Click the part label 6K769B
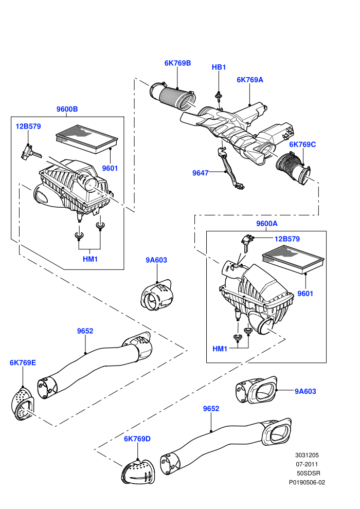click(177, 63)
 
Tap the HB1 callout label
click(219, 67)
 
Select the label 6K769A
click(249, 80)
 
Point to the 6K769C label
click(302, 144)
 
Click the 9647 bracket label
click(200, 173)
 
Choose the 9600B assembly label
click(67, 109)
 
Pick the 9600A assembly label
click(267, 224)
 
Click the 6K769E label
click(23, 362)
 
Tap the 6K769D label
click(137, 439)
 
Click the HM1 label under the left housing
click(90, 259)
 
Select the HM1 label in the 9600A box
click(220, 349)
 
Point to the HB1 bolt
click(219, 98)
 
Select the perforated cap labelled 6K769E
click(23, 404)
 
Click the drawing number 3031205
click(307, 455)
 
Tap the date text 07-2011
click(307, 464)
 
